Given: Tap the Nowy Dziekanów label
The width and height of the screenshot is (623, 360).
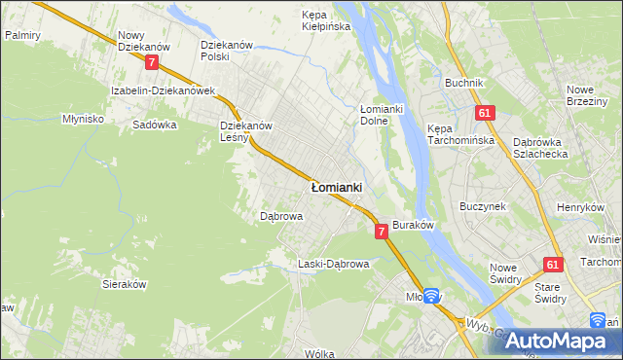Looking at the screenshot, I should coord(143,40).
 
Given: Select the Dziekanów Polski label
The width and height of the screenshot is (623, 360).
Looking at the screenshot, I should coord(227,51).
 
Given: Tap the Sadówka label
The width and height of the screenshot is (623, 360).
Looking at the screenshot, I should coord(154,125).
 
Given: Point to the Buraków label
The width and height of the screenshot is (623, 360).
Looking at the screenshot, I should coord(412,224).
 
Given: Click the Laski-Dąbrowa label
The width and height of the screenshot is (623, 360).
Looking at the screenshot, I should coord(334,264).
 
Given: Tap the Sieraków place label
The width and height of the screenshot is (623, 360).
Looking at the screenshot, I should coord(124,284).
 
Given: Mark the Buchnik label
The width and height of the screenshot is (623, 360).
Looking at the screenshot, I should coord(464,83).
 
